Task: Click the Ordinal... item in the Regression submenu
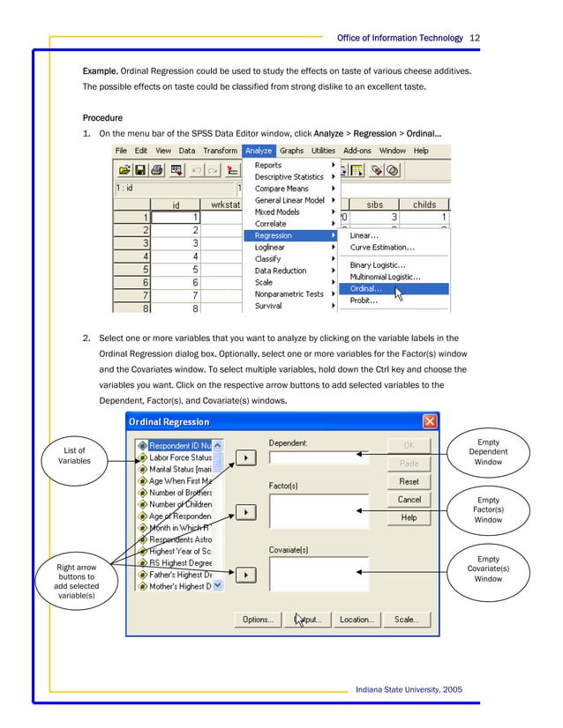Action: (x=366, y=288)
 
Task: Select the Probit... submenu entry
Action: (x=364, y=301)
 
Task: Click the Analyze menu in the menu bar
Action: (x=259, y=151)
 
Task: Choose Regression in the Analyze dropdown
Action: (x=273, y=235)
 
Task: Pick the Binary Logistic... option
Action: (x=378, y=264)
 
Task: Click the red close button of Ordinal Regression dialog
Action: (x=429, y=422)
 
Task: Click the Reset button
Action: (x=409, y=482)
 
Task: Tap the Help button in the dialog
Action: (x=409, y=517)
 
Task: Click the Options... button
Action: (x=258, y=620)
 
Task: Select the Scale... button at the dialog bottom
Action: (x=407, y=620)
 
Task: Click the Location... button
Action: (x=357, y=620)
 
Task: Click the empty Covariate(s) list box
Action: (x=319, y=573)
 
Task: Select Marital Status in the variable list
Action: (x=180, y=470)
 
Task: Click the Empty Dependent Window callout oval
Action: (x=487, y=452)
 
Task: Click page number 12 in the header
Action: (x=475, y=38)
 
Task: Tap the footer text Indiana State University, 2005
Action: (x=408, y=689)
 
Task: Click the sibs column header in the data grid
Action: (x=375, y=204)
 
